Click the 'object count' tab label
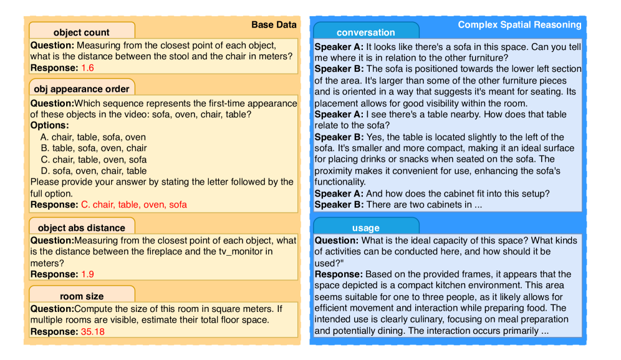pyautogui.click(x=81, y=32)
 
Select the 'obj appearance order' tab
pyautogui.click(x=81, y=89)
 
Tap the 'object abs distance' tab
pyautogui.click(x=81, y=228)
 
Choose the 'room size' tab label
pyautogui.click(x=81, y=296)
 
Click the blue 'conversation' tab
pyautogui.click(x=365, y=32)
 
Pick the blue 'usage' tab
pyautogui.click(x=365, y=228)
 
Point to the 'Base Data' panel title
pyautogui.click(x=274, y=25)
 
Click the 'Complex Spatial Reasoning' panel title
pyautogui.click(x=519, y=25)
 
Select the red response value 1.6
pyautogui.click(x=87, y=67)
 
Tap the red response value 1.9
pyautogui.click(x=87, y=274)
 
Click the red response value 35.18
pyautogui.click(x=93, y=331)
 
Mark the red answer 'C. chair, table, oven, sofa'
pyautogui.click(x=133, y=205)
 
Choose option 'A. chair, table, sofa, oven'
pyautogui.click(x=93, y=137)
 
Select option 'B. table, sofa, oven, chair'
pyautogui.click(x=94, y=148)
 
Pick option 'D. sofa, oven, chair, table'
pyautogui.click(x=94, y=171)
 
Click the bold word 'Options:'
pyautogui.click(x=49, y=125)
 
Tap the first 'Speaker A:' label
pyautogui.click(x=339, y=47)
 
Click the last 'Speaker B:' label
pyautogui.click(x=339, y=205)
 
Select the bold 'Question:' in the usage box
pyautogui.click(x=337, y=240)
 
